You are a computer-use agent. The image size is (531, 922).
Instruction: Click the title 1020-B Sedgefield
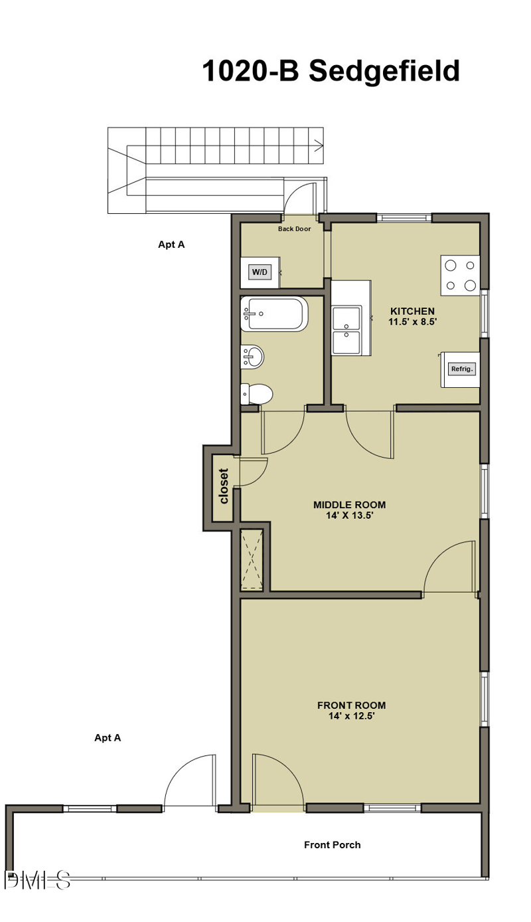331,70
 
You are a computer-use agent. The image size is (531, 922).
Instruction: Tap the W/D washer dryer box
260,272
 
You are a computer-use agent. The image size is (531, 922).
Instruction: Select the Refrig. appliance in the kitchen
462,369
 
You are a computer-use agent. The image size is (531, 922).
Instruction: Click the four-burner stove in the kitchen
460,275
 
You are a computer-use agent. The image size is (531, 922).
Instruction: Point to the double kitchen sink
347,329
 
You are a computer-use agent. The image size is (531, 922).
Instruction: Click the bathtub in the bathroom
274,314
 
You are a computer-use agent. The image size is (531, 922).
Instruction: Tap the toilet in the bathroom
258,395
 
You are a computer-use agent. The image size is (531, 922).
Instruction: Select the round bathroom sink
253,357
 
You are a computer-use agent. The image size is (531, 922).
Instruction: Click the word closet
224,486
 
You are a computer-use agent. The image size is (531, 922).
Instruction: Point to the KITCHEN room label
412,311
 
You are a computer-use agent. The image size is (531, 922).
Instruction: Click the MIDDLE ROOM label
349,504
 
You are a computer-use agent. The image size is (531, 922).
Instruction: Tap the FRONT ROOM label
351,705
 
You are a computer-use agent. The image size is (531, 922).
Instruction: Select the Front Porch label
332,845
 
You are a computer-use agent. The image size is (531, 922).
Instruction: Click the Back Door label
294,229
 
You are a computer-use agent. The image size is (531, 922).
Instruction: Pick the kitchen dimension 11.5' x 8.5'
412,322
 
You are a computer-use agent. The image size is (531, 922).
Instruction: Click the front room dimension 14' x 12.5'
351,716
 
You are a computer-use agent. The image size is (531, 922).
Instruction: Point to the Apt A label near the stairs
171,244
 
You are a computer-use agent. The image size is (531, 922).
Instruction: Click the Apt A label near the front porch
108,737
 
